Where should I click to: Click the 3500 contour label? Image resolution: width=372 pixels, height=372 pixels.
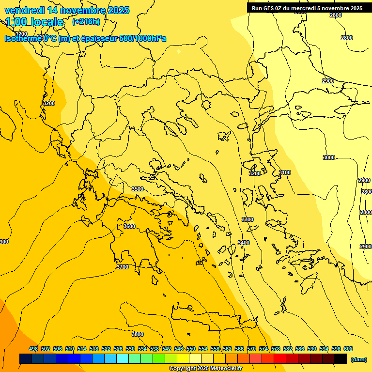(138, 189)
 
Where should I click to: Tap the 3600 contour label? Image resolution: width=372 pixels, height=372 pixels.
(129, 226)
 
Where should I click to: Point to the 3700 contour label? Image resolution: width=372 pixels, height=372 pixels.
(123, 267)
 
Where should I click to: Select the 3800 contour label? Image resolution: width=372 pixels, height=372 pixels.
(138, 334)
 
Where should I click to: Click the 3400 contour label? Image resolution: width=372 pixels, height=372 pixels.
(244, 243)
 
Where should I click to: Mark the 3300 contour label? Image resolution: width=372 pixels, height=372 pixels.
(248, 219)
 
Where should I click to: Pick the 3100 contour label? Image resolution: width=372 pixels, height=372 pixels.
(285, 172)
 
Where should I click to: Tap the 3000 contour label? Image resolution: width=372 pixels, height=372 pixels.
(329, 157)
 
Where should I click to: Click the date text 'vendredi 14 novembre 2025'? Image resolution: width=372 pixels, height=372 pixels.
(67, 10)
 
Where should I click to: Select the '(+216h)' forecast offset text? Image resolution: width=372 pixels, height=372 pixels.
(86, 21)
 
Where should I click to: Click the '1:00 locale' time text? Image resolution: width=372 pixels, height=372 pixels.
(35, 22)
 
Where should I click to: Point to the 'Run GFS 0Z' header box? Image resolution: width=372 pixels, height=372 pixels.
(307, 8)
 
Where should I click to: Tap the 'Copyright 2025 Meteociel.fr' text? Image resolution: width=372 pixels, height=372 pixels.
(205, 369)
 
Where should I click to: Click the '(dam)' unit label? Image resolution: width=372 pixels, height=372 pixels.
(358, 359)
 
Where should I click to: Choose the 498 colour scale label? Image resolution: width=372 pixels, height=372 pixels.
(33, 349)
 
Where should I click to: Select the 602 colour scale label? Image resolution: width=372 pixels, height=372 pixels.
(348, 349)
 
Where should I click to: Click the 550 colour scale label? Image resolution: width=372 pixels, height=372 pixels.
(191, 349)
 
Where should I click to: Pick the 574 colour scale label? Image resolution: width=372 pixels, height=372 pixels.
(263, 349)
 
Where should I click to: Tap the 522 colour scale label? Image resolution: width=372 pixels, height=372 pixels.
(106, 349)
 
